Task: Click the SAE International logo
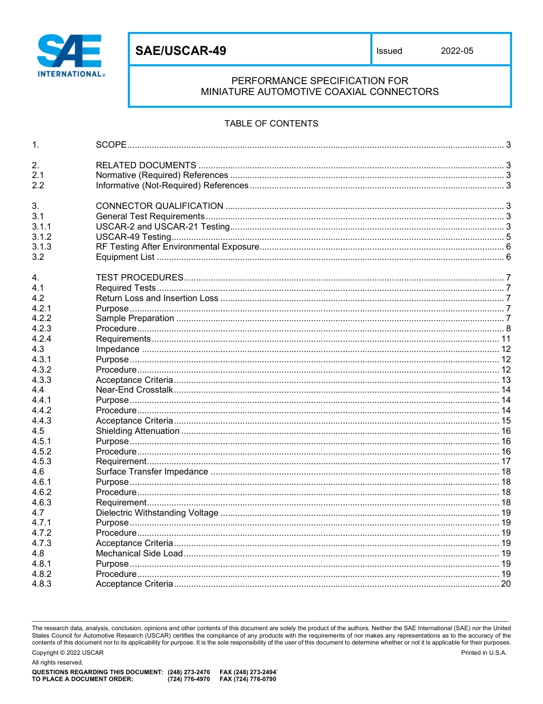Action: click(x=70, y=55)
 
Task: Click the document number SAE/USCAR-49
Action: click(x=181, y=51)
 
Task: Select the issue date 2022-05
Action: click(x=457, y=51)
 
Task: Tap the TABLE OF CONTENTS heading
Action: click(x=271, y=124)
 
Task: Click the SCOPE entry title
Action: click(x=111, y=145)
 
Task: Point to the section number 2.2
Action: click(x=38, y=185)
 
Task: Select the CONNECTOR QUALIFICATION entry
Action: click(x=159, y=206)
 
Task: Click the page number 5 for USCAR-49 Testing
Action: click(x=508, y=237)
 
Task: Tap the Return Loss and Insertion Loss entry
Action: click(x=157, y=298)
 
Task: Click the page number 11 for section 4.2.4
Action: click(x=506, y=339)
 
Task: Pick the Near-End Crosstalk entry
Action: click(x=134, y=390)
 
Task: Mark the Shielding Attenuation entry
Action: click(x=137, y=431)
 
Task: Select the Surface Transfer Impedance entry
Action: click(x=152, y=472)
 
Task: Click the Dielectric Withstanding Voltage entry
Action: click(x=157, y=513)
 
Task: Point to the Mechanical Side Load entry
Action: click(x=139, y=553)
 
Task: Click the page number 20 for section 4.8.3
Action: click(x=506, y=584)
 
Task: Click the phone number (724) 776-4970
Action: click(x=189, y=679)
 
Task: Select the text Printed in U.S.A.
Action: click(x=484, y=652)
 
